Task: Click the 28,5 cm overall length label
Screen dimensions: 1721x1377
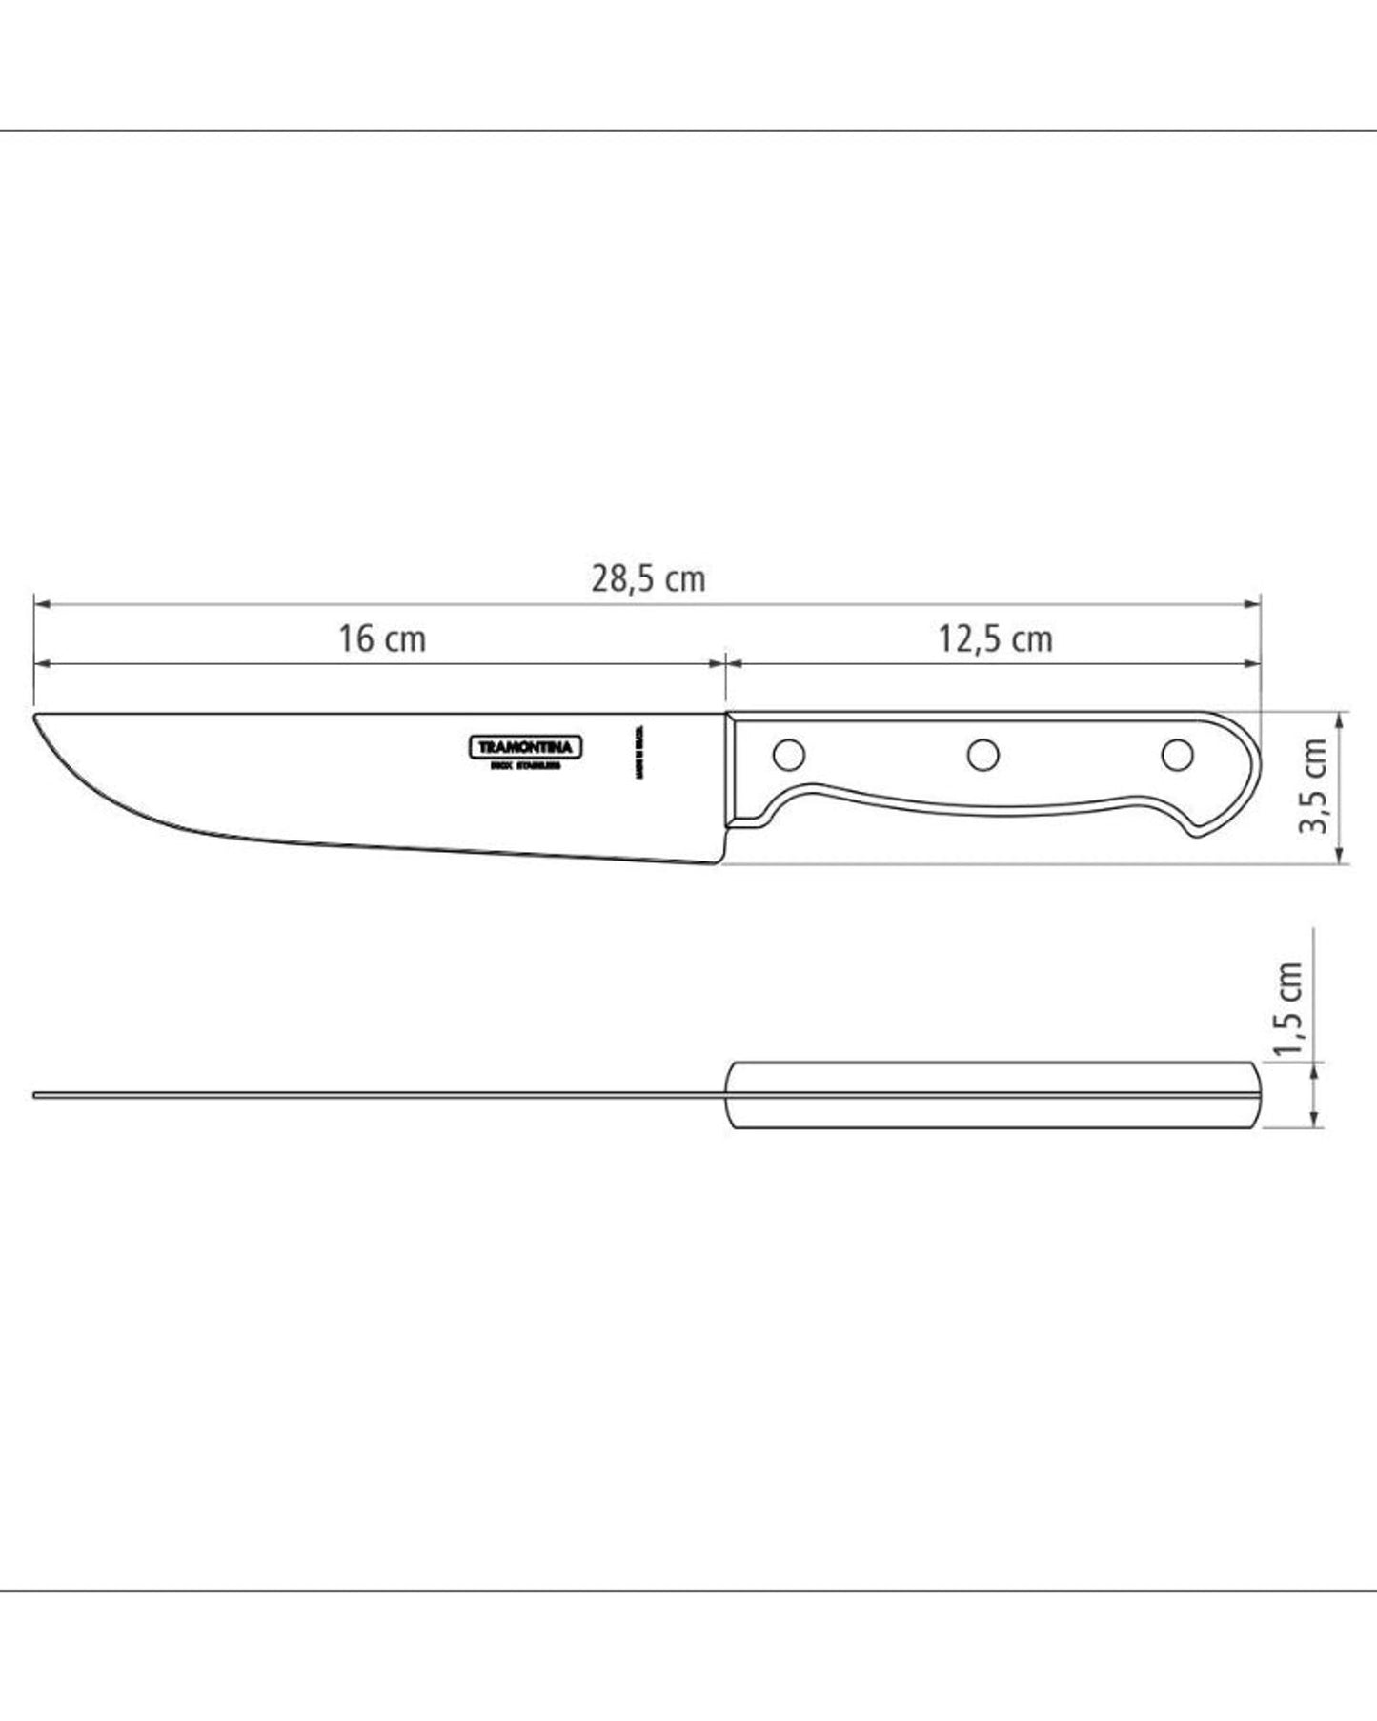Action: coord(648,578)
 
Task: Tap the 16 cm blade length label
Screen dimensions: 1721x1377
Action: coord(381,638)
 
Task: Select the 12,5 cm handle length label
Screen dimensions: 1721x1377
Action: coord(995,638)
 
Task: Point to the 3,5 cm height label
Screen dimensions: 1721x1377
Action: coord(1315,784)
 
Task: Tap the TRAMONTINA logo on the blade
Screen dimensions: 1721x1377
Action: coord(526,747)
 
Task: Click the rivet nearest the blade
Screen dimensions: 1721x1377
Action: coord(788,755)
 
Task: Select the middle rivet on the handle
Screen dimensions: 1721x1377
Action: coord(982,755)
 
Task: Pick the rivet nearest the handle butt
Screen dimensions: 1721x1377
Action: coord(1178,755)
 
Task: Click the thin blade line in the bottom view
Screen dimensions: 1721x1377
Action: coord(381,1095)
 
